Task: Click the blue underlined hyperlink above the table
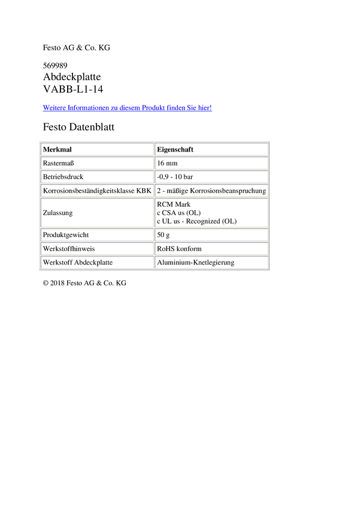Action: (x=128, y=108)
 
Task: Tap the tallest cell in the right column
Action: (x=211, y=213)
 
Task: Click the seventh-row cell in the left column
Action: (x=96, y=249)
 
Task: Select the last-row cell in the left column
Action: (x=96, y=262)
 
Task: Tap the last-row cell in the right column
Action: (x=211, y=262)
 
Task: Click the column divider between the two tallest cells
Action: (x=154, y=213)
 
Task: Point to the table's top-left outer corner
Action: (x=39, y=141)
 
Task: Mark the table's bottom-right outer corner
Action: (x=270, y=271)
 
